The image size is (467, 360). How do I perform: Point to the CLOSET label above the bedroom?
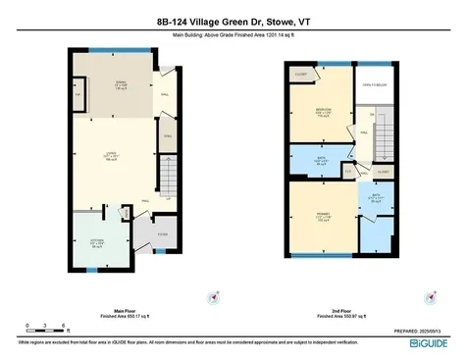coord(301,73)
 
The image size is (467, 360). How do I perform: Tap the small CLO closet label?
coord(348,172)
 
